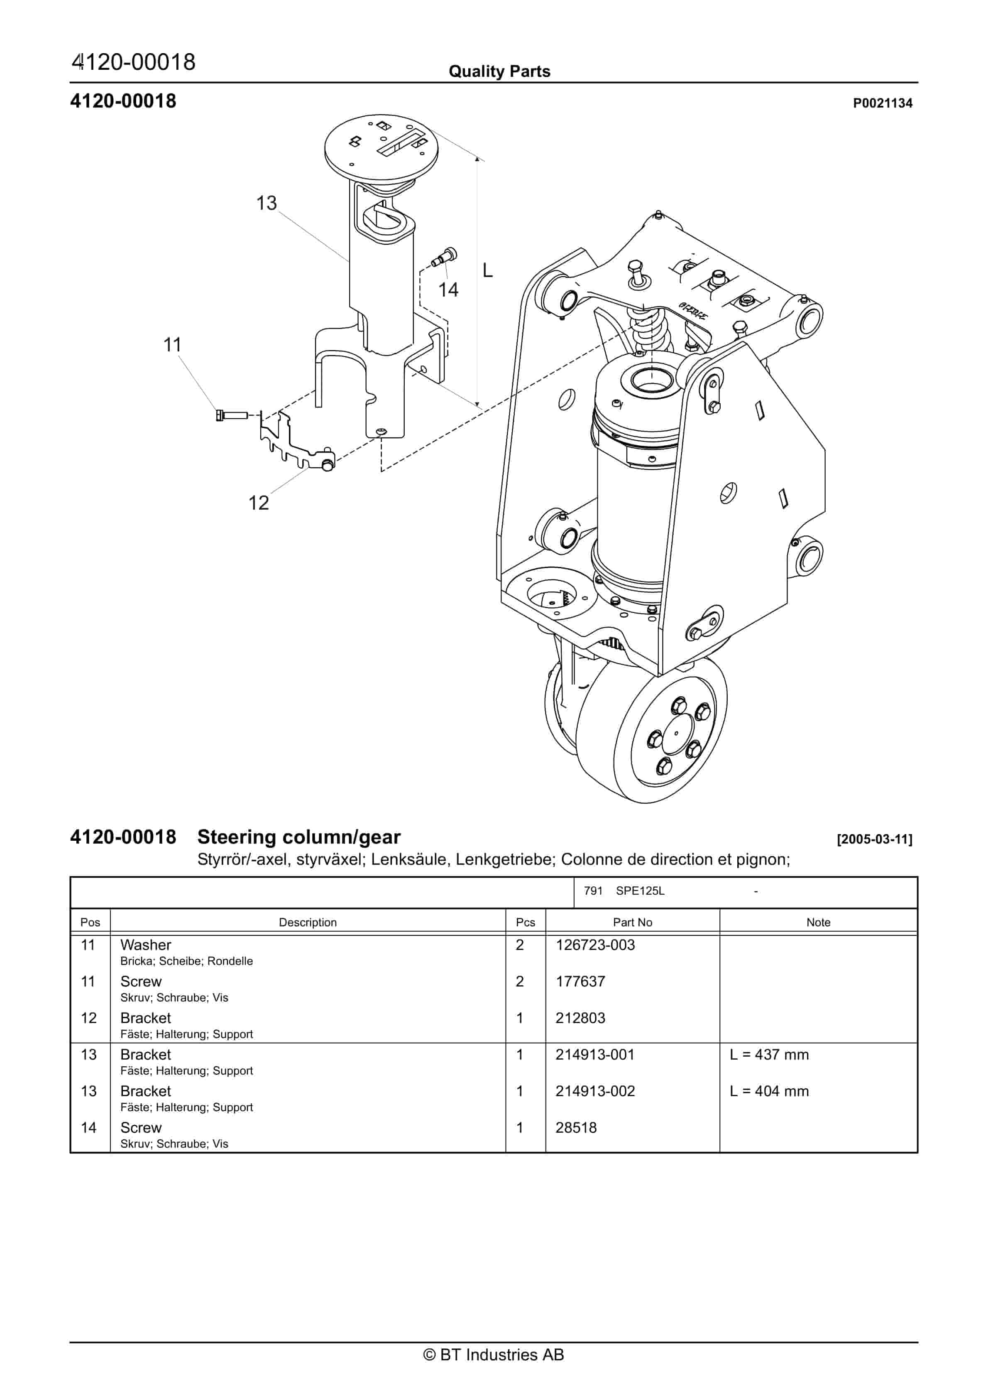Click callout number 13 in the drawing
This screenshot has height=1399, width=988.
[266, 203]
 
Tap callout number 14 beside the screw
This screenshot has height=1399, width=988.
[448, 290]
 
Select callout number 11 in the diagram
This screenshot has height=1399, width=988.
[172, 345]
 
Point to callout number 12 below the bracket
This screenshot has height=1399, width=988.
[258, 503]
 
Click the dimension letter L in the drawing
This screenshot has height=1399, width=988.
[487, 270]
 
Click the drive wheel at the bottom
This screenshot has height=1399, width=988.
[652, 731]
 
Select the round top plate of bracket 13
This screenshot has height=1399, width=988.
[381, 147]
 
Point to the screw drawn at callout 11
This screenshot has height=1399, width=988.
[232, 415]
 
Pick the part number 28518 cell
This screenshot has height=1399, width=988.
[576, 1128]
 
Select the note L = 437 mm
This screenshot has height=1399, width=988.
[769, 1055]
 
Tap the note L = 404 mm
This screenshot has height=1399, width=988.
[769, 1091]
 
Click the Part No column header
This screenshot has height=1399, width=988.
[632, 923]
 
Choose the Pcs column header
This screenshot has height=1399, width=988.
[525, 923]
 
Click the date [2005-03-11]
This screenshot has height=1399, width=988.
[874, 839]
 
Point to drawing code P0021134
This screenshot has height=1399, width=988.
[882, 103]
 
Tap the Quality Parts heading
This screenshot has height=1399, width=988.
[499, 71]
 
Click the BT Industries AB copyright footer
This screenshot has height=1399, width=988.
[494, 1355]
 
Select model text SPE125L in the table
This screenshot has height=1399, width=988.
[640, 891]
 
